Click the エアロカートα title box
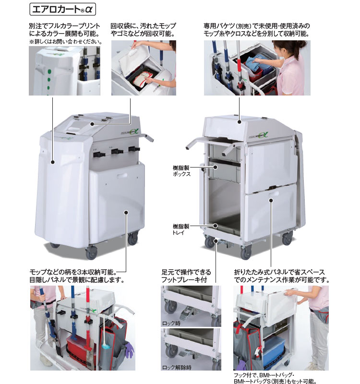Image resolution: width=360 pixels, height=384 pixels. click(62, 9)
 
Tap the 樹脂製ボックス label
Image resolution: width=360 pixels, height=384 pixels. click(181, 171)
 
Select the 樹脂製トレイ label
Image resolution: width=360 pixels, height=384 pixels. click(181, 229)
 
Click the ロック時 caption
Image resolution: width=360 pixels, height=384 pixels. click(171, 323)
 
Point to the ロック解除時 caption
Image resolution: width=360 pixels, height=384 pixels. click(177, 367)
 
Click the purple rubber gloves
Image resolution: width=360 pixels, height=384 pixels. click(129, 349)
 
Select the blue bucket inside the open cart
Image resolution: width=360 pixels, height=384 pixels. click(274, 349)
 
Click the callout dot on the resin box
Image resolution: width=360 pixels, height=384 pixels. click(215, 167)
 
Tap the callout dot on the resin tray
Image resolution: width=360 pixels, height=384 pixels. click(215, 226)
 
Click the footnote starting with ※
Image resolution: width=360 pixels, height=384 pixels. click(66, 42)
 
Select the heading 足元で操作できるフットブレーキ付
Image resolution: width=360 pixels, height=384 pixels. click(186, 276)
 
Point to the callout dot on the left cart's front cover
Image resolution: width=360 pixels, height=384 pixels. click(52, 162)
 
